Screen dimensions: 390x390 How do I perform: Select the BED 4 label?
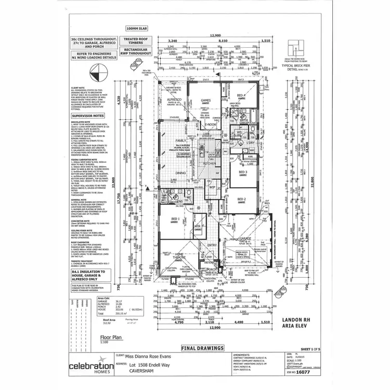click(x=241, y=96)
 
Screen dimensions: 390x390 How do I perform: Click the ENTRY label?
click(x=212, y=245)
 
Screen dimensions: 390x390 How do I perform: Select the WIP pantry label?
click(x=212, y=186)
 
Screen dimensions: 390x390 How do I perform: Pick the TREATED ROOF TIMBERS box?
click(x=135, y=42)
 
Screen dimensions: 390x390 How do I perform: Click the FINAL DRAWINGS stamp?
click(x=202, y=347)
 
